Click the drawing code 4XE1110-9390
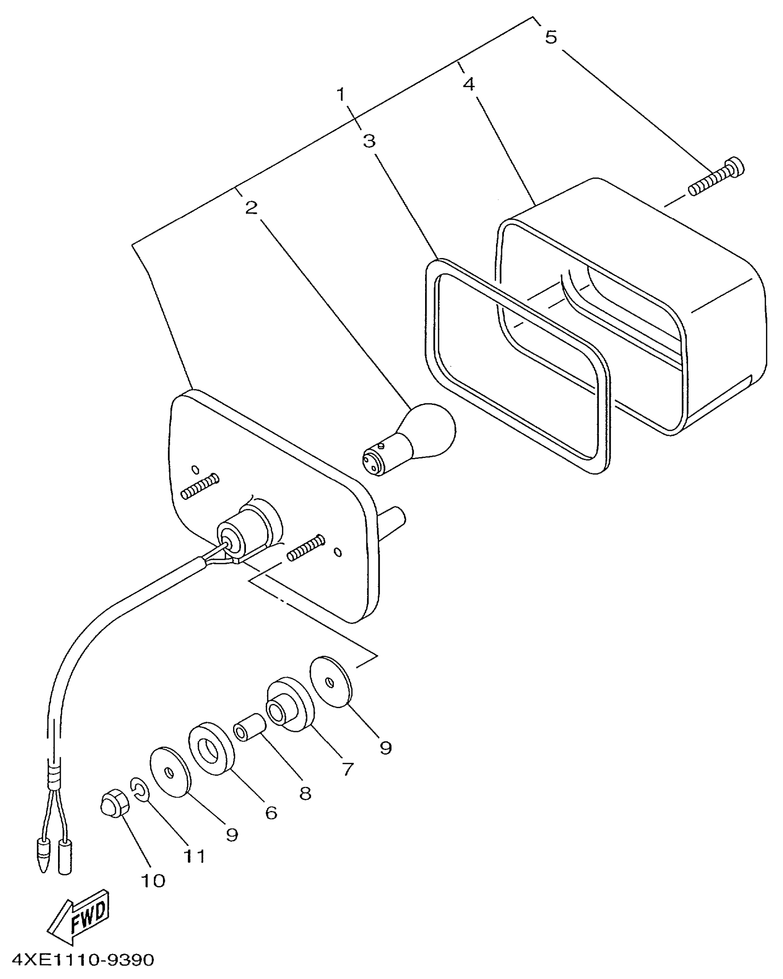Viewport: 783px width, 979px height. (83, 960)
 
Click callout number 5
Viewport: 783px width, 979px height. (551, 37)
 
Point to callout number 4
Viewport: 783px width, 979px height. (468, 84)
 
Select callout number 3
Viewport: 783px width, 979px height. (369, 141)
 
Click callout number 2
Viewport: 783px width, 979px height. (251, 208)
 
